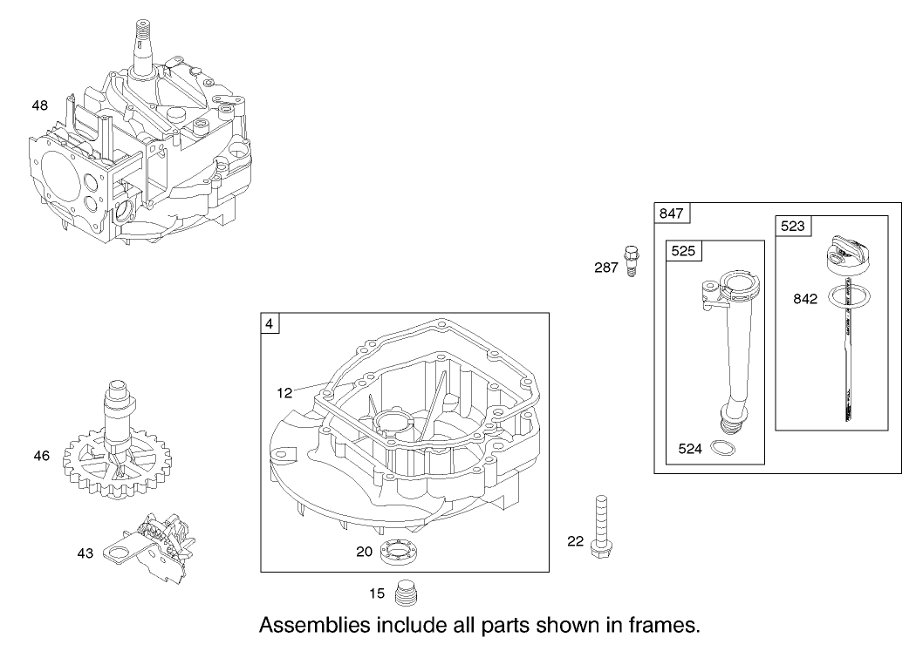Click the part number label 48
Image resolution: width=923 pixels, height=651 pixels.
pos(39,105)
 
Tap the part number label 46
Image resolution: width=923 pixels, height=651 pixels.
pos(41,455)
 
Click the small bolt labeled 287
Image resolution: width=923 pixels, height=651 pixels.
pos(629,261)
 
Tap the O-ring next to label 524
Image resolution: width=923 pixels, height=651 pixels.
pos(721,449)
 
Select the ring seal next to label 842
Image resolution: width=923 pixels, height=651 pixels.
pos(845,296)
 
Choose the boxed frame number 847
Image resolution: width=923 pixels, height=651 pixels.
pos(672,214)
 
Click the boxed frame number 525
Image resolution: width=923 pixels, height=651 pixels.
pos(682,251)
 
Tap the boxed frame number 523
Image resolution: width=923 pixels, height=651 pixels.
pos(792,226)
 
